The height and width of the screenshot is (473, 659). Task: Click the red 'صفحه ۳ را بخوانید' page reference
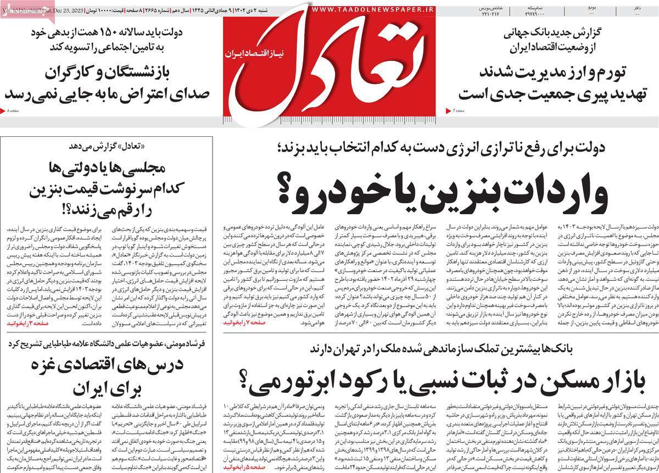[30, 325]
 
